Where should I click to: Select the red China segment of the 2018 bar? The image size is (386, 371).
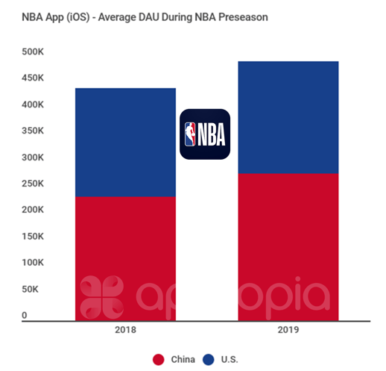coord(126,258)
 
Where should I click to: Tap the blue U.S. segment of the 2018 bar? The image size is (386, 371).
coord(126,143)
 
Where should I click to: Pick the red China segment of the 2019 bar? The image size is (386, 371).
coord(288,247)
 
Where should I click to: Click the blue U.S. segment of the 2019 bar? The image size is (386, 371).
coord(288,117)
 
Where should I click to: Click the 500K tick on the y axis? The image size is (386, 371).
coord(34,52)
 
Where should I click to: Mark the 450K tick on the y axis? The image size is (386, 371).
coord(34,78)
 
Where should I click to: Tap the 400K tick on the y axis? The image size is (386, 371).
coord(34,105)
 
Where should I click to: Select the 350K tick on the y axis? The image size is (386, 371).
coord(34,131)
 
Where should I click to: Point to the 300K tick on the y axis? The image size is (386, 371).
coord(34,158)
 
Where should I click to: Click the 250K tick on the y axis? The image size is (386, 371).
coord(34,184)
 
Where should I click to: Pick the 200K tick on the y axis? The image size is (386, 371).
coord(34,211)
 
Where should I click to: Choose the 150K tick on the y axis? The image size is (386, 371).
coord(34,237)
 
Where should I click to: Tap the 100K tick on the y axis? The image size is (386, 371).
coord(34,263)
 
